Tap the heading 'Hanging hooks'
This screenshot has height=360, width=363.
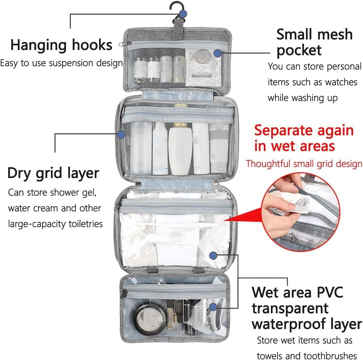tap(61, 45)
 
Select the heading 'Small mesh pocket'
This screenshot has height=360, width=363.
tap(314, 42)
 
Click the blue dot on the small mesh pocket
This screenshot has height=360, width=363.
tap(217, 53)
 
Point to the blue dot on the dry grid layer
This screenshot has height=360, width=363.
tap(121, 134)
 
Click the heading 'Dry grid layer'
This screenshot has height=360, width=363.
tap(53, 173)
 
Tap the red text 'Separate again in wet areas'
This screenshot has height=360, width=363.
tap(303, 138)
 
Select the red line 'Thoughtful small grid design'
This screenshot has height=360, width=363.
tap(304, 164)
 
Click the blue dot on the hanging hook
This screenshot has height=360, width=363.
tap(183, 14)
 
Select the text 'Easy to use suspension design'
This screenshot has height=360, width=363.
tap(61, 63)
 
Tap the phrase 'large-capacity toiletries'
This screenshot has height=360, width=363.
tap(55, 224)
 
